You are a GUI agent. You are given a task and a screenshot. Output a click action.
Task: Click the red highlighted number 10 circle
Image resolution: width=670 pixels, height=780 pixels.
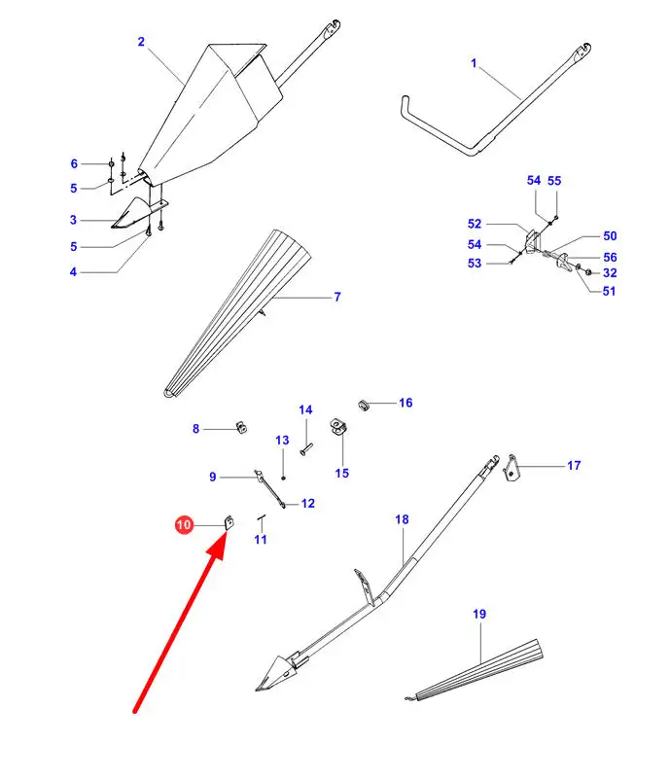[x=184, y=525]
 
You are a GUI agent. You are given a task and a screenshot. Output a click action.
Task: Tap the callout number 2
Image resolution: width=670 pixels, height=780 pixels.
[x=141, y=42]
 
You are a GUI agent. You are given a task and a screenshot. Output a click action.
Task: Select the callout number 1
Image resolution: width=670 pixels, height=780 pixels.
[x=474, y=63]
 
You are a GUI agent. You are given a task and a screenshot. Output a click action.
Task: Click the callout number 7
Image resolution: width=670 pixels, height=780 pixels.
[x=337, y=297]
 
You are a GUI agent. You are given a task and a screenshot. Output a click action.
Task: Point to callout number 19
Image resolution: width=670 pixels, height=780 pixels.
[x=479, y=614]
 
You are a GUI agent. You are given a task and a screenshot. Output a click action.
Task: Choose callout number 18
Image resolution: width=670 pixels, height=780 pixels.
[x=402, y=519]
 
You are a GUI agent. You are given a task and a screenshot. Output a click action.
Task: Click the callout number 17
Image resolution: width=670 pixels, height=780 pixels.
[x=574, y=466]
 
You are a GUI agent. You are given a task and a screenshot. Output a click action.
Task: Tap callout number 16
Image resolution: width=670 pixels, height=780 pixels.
[x=406, y=403]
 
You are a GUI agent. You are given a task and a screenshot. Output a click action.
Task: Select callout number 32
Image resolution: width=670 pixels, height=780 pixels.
[x=610, y=273]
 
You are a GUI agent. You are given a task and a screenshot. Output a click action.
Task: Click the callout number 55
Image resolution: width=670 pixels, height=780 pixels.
[x=554, y=181]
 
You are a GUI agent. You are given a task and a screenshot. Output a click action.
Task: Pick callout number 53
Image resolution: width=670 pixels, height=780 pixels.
[x=475, y=264]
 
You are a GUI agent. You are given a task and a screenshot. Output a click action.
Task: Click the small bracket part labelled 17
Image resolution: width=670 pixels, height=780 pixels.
[x=511, y=468]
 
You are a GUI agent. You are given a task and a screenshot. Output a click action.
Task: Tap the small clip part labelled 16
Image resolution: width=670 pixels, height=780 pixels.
[x=365, y=405]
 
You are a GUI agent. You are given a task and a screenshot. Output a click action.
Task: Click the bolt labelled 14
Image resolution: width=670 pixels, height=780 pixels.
[x=305, y=449]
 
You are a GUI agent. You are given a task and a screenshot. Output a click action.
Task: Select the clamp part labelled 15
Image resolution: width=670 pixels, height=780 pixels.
[x=338, y=427]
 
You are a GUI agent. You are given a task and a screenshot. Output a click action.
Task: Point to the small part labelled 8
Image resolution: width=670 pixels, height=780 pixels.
[x=241, y=427]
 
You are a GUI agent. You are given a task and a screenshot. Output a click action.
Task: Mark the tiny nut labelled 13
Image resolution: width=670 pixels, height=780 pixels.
[x=283, y=478]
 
